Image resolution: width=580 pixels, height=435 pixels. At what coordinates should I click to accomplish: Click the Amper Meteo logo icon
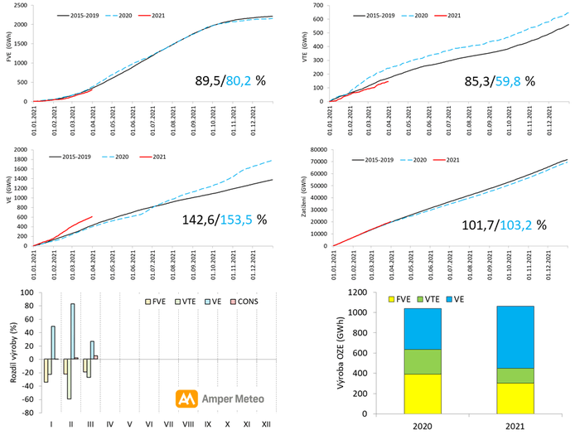click(x=186, y=399)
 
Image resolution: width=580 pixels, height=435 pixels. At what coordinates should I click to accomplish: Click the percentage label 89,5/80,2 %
click(x=221, y=80)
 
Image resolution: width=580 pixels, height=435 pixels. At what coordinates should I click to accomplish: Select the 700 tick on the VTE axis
click(x=318, y=6)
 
